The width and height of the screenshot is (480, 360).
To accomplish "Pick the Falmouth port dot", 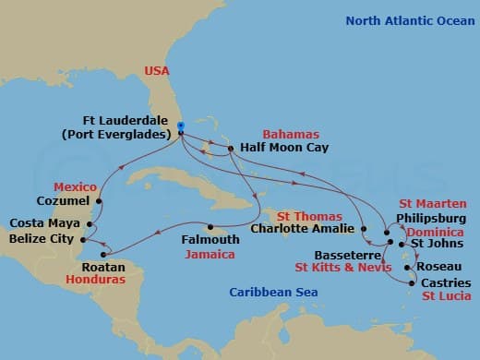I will click(210, 228).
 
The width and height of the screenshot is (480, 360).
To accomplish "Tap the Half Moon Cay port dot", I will click(232, 146).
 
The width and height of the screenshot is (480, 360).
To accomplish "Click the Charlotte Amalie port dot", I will click(364, 228).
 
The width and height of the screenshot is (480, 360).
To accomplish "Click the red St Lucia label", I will click(446, 296).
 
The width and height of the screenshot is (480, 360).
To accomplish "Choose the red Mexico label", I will click(75, 186).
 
